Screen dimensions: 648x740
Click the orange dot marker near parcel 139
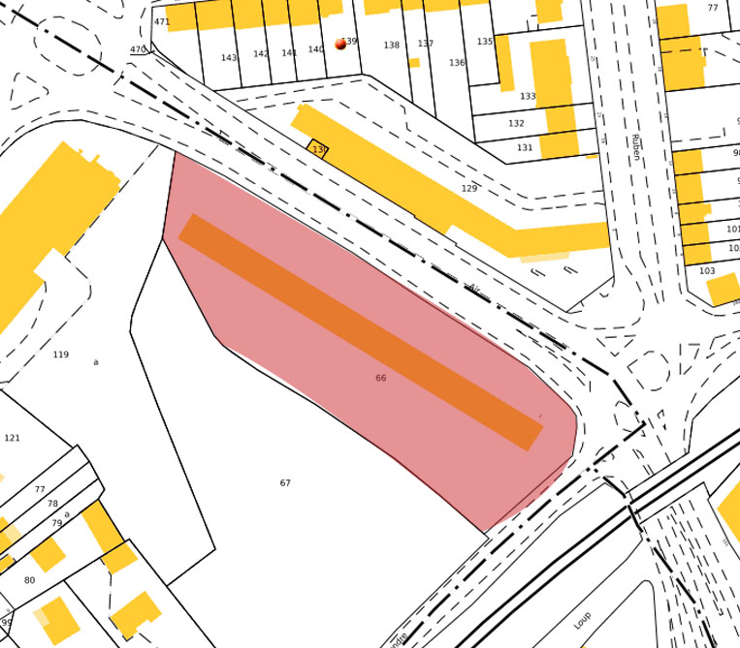[340, 44]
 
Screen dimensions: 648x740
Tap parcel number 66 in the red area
[380, 378]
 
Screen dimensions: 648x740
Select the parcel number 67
[285, 483]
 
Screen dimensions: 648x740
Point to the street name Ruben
[635, 147]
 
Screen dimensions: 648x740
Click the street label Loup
[582, 620]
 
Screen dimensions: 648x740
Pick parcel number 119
[60, 355]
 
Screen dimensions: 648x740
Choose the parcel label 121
[12, 438]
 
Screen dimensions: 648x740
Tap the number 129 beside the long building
[469, 189]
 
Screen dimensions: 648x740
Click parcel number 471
[162, 21]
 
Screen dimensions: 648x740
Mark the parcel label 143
[228, 58]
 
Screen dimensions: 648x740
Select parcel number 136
[457, 63]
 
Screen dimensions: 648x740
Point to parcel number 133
[528, 97]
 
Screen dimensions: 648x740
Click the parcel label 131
[525, 148]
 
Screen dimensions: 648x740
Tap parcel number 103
[707, 271]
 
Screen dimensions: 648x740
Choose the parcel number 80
[29, 580]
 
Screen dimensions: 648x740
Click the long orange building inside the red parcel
[359, 332]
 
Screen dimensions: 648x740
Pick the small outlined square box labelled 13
[318, 149]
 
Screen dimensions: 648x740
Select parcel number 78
[52, 504]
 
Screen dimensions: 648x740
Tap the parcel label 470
[138, 49]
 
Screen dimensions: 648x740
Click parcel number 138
[391, 46]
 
